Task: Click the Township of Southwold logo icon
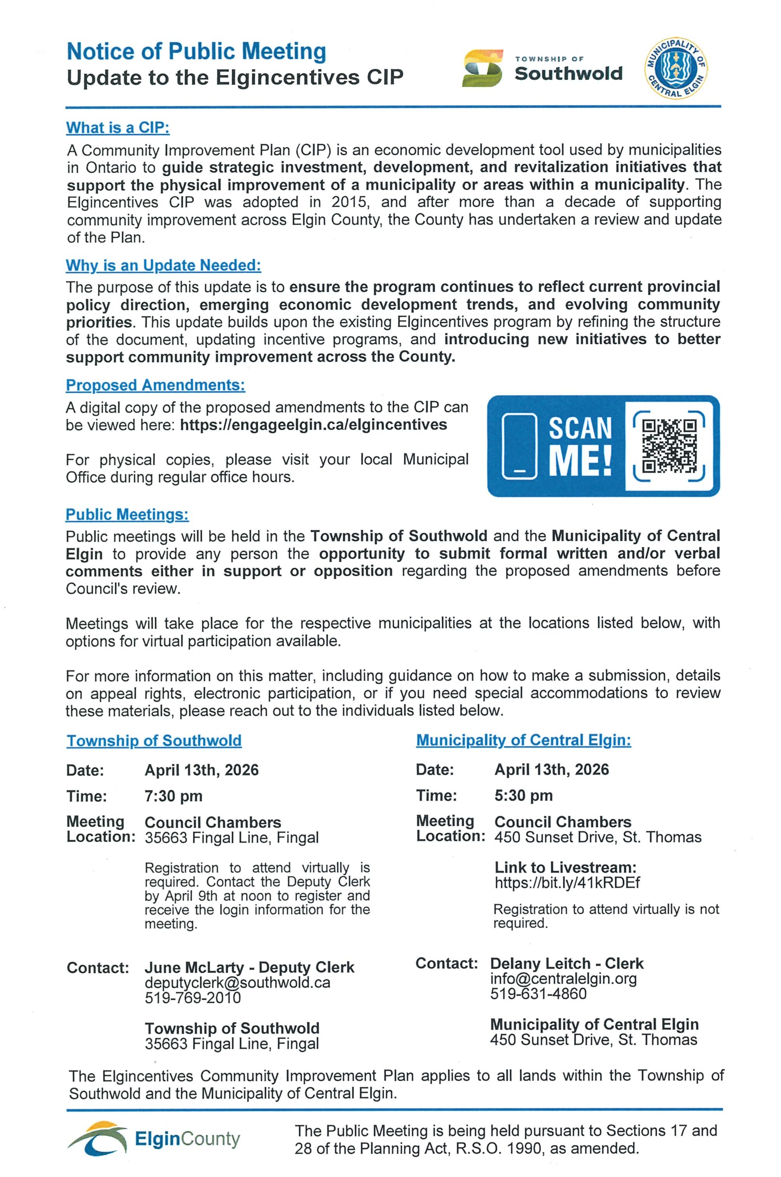482,68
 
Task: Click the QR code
669,445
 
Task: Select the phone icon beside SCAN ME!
519,445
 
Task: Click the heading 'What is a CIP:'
118,128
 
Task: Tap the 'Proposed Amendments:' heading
156,385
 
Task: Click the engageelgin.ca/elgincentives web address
313,425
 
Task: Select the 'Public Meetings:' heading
127,514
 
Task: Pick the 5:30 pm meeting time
523,795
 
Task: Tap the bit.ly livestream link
567,883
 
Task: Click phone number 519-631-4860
538,994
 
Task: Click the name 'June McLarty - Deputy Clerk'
249,967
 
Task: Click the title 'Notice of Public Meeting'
196,51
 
